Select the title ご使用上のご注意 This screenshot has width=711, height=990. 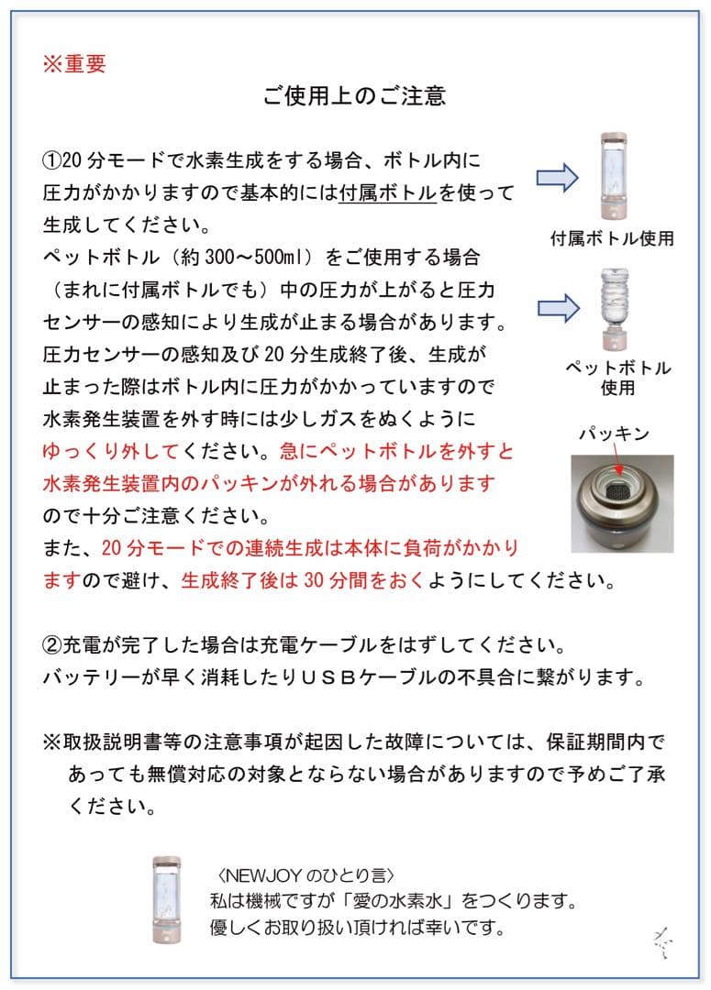click(354, 96)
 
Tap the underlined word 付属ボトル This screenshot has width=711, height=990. click(386, 193)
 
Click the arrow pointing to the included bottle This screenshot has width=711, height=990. click(557, 176)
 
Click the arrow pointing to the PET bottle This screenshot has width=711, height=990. click(557, 308)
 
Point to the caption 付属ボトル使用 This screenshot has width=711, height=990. click(612, 238)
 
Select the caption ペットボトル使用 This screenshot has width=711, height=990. click(617, 378)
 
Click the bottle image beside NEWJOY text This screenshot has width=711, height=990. click(167, 899)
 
